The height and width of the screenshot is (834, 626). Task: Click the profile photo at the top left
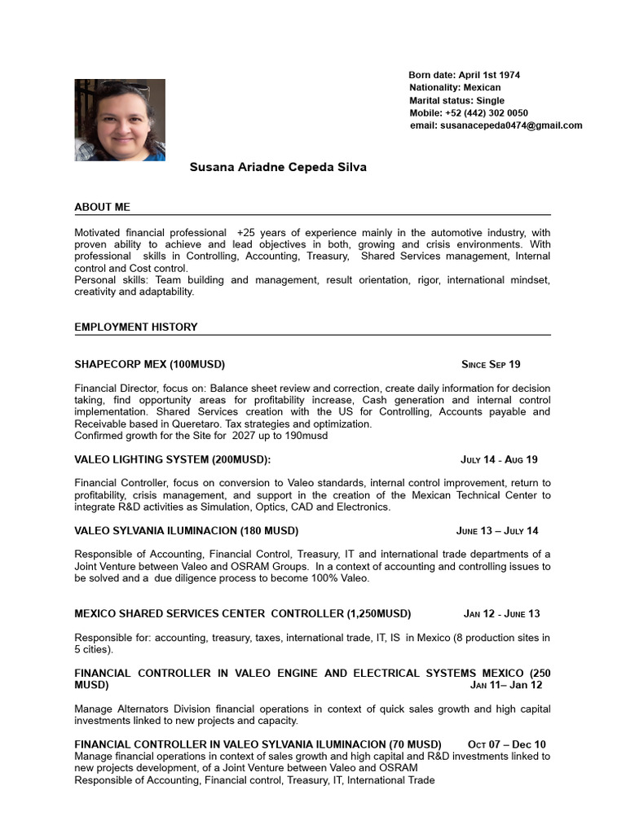click(x=120, y=120)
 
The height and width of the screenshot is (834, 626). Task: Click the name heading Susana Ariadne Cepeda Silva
click(x=278, y=167)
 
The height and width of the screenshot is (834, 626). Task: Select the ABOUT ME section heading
click(x=102, y=207)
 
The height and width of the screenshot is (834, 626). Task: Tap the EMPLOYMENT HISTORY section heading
click(x=135, y=327)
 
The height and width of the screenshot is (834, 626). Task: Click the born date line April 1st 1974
click(x=464, y=75)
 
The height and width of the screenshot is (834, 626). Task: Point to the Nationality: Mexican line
click(x=455, y=87)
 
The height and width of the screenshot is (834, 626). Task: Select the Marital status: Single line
click(x=456, y=100)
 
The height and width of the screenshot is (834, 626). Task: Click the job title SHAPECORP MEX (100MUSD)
click(x=149, y=364)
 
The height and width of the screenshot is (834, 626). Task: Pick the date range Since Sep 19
click(x=490, y=364)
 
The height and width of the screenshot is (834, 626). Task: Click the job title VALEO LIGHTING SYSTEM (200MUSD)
click(x=172, y=459)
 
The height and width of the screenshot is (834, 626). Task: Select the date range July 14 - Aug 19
click(x=499, y=459)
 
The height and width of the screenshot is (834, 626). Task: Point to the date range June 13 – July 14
click(x=497, y=531)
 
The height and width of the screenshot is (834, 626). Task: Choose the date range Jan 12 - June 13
click(x=501, y=613)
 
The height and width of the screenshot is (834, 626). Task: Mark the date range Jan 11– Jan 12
click(x=505, y=685)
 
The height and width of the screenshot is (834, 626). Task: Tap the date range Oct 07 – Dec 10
click(x=506, y=744)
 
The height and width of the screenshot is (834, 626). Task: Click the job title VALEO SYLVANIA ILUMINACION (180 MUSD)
click(x=186, y=531)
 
